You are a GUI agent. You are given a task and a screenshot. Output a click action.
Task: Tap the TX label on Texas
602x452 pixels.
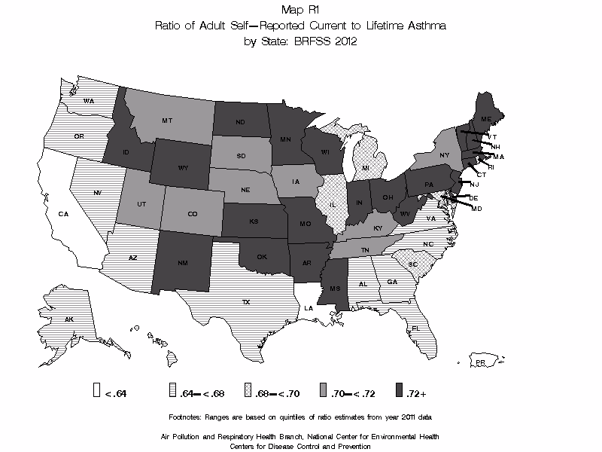(x=245, y=301)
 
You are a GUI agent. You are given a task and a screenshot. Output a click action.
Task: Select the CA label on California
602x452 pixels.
(x=63, y=215)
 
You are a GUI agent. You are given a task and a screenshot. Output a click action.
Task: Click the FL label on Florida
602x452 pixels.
(x=415, y=328)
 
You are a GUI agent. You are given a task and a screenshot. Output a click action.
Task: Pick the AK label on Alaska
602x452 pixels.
(x=68, y=319)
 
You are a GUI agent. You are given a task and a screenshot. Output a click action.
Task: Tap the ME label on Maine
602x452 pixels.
(x=486, y=120)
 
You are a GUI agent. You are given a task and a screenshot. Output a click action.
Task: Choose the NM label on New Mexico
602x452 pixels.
(x=184, y=263)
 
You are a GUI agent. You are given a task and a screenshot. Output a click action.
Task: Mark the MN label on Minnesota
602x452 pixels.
(x=286, y=139)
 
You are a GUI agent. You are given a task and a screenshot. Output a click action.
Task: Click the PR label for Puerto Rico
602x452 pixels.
(x=479, y=362)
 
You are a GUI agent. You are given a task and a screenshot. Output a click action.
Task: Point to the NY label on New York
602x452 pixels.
(x=444, y=155)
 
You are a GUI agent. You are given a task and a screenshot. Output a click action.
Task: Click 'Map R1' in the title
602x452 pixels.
(x=300, y=10)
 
